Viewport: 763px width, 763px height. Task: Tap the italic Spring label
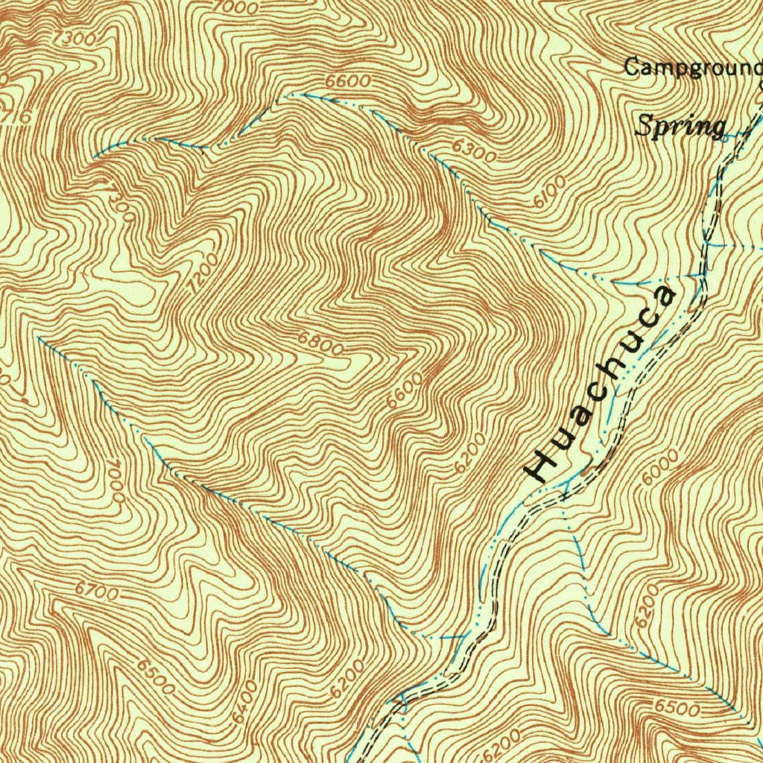coord(680,126)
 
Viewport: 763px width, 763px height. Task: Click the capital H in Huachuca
coord(539,465)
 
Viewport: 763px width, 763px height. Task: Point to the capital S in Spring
coord(644,126)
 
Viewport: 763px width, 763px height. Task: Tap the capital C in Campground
coord(632,67)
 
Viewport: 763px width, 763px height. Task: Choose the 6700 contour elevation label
coord(96,591)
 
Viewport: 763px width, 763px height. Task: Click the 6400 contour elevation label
coord(244,700)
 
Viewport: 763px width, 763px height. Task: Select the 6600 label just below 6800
coord(405,390)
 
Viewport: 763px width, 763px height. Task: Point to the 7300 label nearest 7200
coord(120,200)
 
